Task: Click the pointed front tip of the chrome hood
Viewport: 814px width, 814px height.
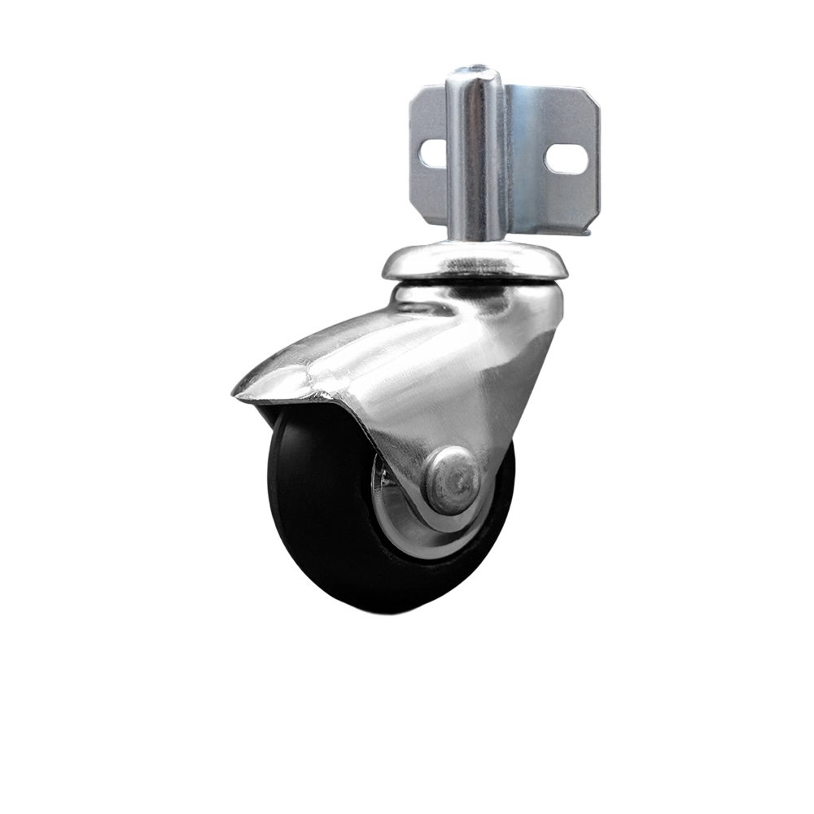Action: coord(238,392)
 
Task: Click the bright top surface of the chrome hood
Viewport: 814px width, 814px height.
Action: coord(383,342)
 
